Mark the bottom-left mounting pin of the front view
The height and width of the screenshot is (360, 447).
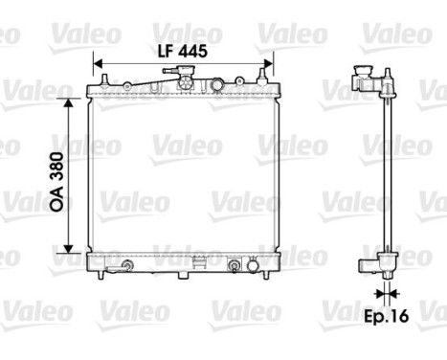point(100,274)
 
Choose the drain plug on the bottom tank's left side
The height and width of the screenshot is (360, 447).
point(125,265)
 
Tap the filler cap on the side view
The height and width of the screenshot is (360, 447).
point(361,76)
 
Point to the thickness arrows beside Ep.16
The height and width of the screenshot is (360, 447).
point(386,292)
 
